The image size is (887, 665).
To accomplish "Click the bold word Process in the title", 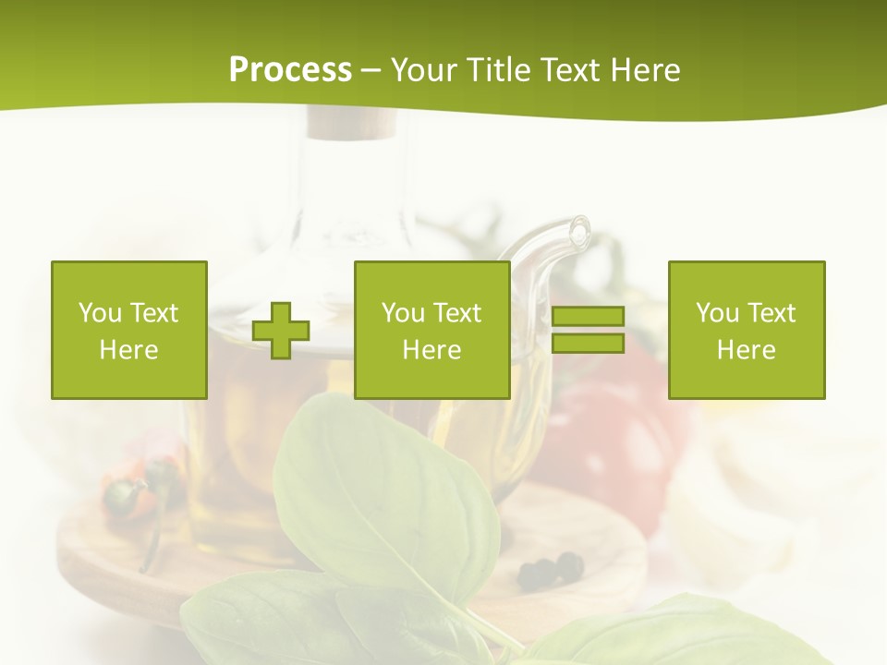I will pyautogui.click(x=290, y=70).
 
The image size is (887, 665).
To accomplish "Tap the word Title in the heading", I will pyautogui.click(x=496, y=70).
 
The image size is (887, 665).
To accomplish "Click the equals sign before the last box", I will pyautogui.click(x=588, y=330).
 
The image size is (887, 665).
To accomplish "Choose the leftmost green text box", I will pyautogui.click(x=128, y=330).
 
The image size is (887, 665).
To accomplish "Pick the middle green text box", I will pyautogui.click(x=431, y=330).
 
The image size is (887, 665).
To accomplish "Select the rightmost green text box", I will pyautogui.click(x=747, y=330).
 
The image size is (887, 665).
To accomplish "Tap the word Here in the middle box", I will pyautogui.click(x=431, y=350).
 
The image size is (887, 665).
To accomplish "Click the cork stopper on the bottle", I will pyautogui.click(x=351, y=123).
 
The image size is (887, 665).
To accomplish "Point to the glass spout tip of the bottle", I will pyautogui.click(x=580, y=227).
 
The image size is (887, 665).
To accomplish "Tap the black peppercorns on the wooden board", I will pyautogui.click(x=551, y=570).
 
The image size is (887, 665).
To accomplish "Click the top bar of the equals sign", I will pyautogui.click(x=588, y=317).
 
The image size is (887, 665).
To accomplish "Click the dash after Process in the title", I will pyautogui.click(x=371, y=70).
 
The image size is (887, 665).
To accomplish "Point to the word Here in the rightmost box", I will pyautogui.click(x=747, y=350).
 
